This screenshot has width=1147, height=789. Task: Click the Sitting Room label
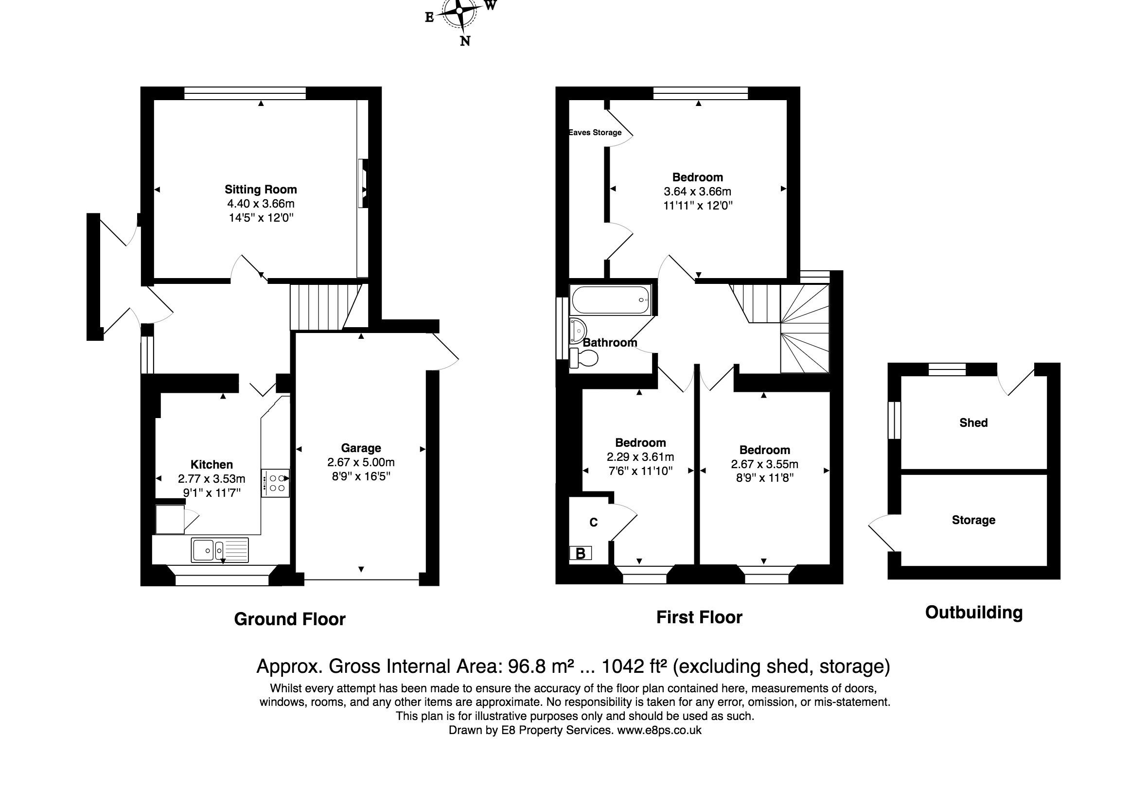click(x=261, y=189)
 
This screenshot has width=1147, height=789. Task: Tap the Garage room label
click(x=361, y=448)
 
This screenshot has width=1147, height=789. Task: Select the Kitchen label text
click(x=212, y=464)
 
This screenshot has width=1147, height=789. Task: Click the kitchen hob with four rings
click(x=275, y=483)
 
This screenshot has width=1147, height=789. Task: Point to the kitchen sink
click(x=220, y=550)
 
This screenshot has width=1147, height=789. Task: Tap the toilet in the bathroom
click(x=583, y=358)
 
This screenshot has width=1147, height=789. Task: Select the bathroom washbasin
click(x=578, y=330)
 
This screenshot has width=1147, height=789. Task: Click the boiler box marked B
click(x=581, y=553)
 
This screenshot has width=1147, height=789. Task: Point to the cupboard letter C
click(x=594, y=523)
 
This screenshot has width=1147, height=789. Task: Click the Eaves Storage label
click(x=595, y=133)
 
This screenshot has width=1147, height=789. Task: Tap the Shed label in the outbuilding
click(x=973, y=422)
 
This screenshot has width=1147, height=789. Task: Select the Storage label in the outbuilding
click(x=973, y=520)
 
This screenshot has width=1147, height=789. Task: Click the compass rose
click(x=460, y=10)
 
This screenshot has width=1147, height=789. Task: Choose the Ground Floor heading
click(x=290, y=619)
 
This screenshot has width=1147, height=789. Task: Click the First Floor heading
click(x=699, y=617)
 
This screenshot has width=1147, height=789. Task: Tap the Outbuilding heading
click(x=973, y=613)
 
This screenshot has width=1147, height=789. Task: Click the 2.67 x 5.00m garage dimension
click(x=361, y=462)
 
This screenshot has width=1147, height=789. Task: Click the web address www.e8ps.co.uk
click(x=659, y=730)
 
